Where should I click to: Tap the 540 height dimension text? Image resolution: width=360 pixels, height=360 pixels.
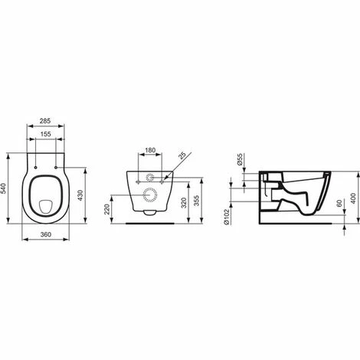(6, 188)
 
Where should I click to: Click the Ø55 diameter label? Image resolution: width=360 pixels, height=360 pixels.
(240, 160)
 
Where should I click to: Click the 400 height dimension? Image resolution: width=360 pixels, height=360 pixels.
(354, 195)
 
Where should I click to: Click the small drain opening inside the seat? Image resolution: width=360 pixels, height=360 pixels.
(47, 205)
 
